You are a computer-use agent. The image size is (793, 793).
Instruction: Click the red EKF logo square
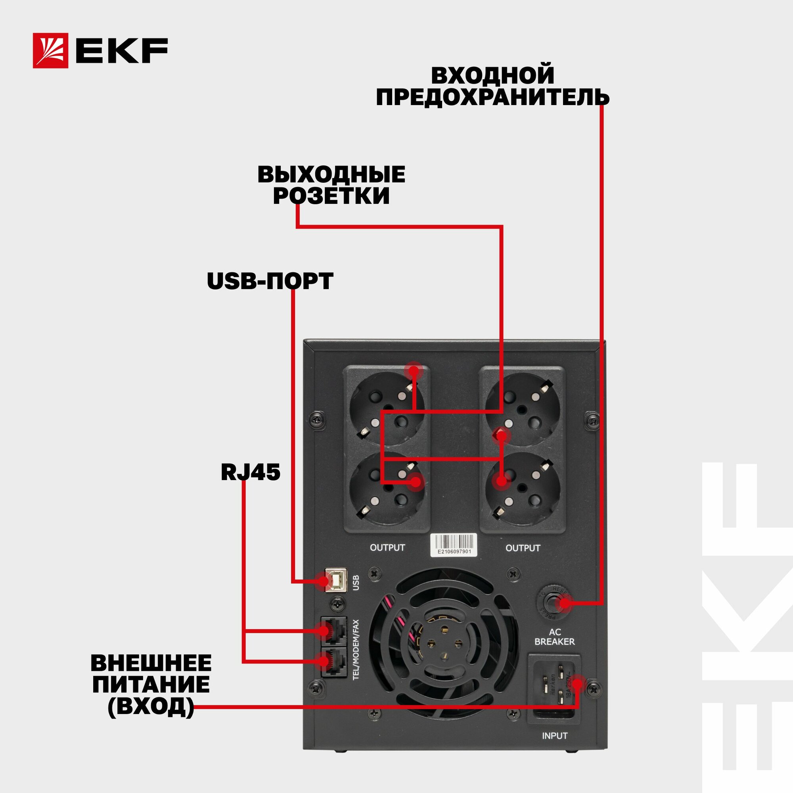point(50,50)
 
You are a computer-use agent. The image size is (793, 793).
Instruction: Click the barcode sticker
point(454,545)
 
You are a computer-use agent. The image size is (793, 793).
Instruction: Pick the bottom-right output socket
point(522,488)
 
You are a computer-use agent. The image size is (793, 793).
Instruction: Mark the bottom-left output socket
point(387,488)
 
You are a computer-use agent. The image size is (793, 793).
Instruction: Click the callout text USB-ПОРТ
point(270,282)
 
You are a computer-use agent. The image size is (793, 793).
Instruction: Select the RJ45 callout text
point(250,473)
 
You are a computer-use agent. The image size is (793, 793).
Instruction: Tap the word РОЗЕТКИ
point(331,196)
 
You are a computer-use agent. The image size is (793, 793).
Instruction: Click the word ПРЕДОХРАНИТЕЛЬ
point(492,98)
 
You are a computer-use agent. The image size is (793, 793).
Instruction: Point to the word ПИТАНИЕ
point(151,685)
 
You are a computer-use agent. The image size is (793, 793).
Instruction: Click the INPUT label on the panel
point(555,736)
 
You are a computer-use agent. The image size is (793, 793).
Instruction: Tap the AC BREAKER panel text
point(555,637)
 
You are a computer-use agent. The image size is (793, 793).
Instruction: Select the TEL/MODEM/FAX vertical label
point(356,650)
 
